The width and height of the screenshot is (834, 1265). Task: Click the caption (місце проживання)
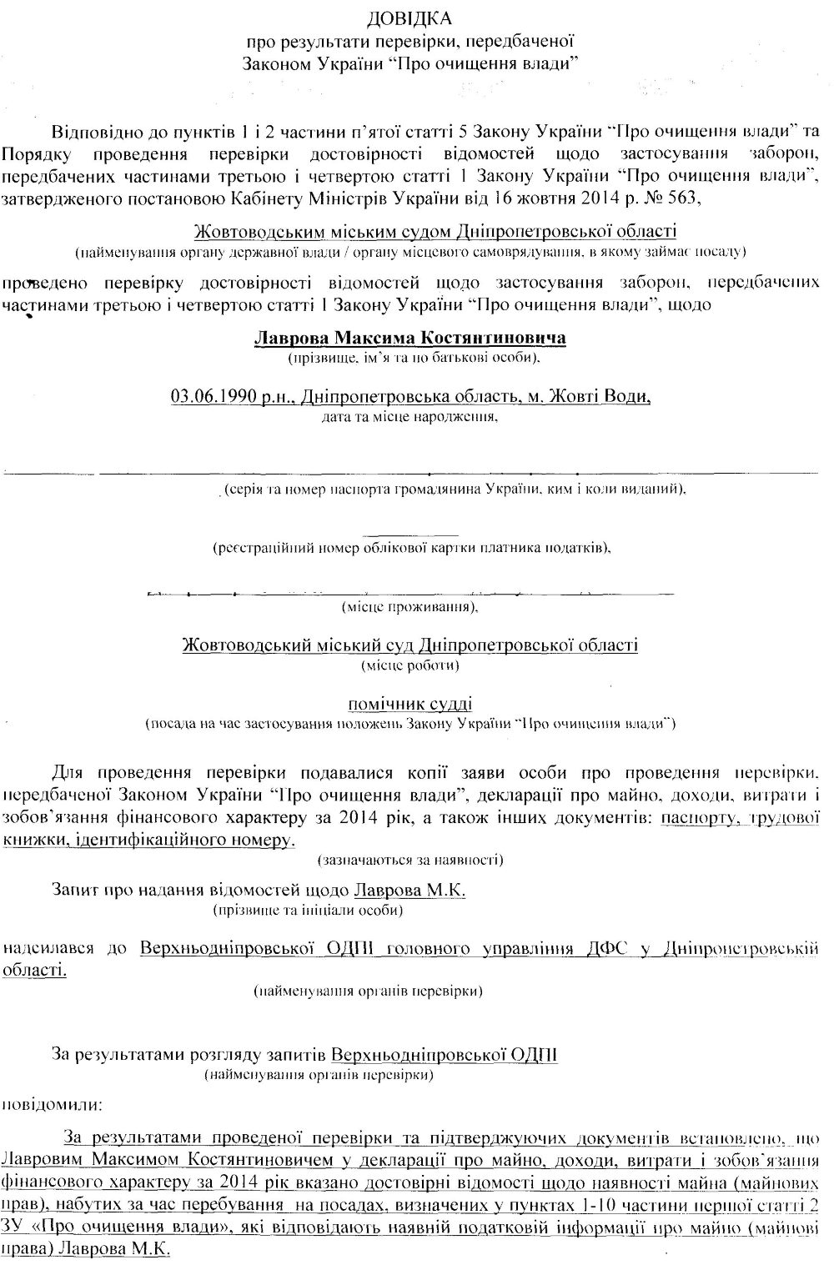409,606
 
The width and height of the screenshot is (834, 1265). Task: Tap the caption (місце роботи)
409,665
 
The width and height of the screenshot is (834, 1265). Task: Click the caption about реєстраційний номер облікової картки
411,549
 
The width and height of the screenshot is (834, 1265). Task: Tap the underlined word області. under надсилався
33,970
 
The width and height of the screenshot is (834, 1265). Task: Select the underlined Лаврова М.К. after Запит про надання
410,890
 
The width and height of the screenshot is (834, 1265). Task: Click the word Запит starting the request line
73,890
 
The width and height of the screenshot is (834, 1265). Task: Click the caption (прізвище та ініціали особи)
309,911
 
